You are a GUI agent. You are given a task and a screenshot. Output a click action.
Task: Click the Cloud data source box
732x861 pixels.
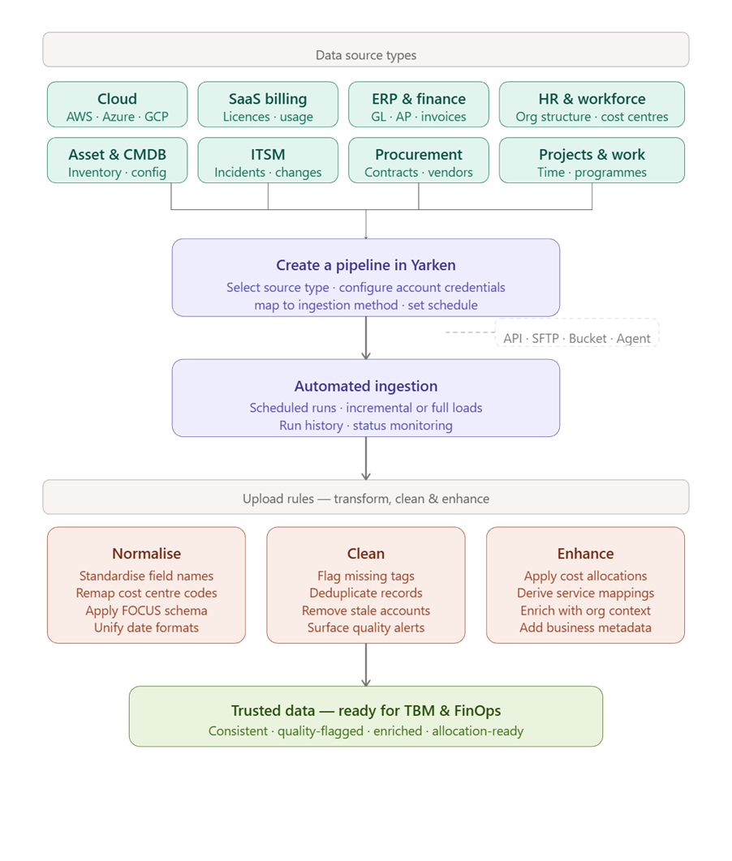tap(117, 105)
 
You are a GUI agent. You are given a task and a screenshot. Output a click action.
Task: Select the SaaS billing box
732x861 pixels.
tap(268, 105)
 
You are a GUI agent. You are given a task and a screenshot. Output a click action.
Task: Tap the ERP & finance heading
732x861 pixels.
tap(419, 99)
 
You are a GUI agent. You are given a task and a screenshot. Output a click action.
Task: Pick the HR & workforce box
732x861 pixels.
tap(592, 105)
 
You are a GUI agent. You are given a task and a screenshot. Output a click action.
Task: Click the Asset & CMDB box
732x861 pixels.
tap(117, 161)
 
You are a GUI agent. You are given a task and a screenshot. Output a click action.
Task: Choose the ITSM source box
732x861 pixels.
tap(268, 161)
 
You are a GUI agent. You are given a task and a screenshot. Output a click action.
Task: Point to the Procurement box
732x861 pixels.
tap(419, 161)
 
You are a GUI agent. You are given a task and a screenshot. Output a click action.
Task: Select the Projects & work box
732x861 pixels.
tap(592, 161)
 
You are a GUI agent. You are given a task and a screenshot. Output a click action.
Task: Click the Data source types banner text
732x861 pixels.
tap(366, 55)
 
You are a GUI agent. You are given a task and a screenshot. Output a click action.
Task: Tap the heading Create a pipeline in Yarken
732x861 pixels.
tap(366, 265)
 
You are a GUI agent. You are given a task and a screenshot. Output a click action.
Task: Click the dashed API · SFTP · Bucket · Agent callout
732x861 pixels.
tap(577, 338)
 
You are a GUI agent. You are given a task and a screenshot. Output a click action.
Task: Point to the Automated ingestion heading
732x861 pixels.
tap(366, 387)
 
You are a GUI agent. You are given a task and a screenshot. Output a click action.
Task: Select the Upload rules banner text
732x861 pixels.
tap(366, 499)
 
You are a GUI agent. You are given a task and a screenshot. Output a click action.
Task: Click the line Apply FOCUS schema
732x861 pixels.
tap(146, 610)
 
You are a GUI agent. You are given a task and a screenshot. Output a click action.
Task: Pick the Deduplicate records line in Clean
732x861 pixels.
tap(366, 593)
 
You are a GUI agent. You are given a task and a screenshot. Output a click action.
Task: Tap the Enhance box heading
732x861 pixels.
tap(585, 554)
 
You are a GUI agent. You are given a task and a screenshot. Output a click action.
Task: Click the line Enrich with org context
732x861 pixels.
tap(585, 610)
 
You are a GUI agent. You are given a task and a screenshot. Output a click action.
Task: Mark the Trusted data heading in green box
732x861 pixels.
tap(366, 711)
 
